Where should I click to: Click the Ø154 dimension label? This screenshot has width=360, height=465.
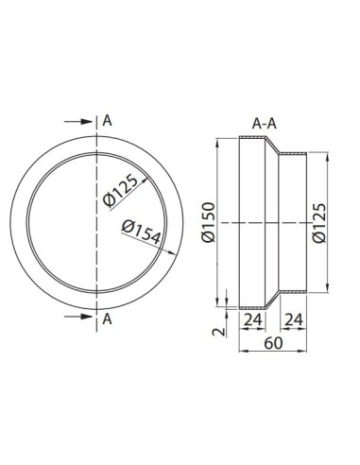click(x=141, y=232)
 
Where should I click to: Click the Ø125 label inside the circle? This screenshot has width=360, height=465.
click(x=121, y=191)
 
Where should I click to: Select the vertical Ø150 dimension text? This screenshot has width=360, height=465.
click(x=208, y=222)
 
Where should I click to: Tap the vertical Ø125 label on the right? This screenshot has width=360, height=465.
click(x=319, y=223)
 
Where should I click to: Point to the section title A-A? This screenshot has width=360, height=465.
click(x=264, y=124)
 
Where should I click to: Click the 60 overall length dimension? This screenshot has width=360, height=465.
click(x=273, y=343)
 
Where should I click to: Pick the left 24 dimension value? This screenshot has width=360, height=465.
click(x=253, y=320)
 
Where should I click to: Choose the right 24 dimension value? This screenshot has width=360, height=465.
click(x=294, y=320)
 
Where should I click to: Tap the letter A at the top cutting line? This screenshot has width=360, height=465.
click(x=107, y=121)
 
